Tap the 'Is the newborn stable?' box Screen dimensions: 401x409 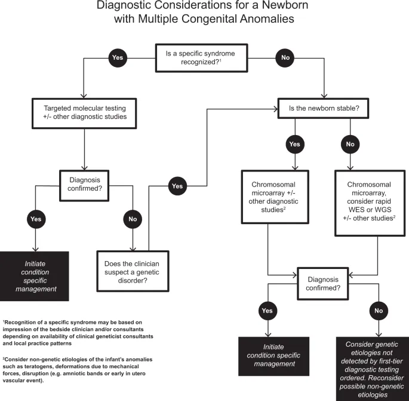coord(323,108)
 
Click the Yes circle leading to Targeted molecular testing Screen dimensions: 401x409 coord(117,58)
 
